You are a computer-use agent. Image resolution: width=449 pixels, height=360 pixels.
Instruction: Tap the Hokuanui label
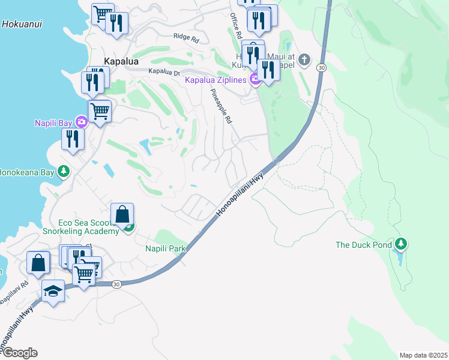(21, 25)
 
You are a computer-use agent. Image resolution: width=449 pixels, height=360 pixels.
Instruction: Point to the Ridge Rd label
(185, 37)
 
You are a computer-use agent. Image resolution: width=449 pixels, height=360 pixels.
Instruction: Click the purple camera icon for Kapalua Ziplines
(255, 79)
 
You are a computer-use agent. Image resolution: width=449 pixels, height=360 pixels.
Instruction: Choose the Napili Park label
(165, 248)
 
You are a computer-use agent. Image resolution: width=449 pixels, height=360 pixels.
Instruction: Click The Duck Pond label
(363, 245)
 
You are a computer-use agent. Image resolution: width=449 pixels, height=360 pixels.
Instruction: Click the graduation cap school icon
(53, 291)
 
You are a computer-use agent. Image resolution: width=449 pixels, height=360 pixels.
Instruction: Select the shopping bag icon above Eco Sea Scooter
(122, 214)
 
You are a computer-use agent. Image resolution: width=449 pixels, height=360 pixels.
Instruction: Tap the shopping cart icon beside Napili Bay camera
(100, 110)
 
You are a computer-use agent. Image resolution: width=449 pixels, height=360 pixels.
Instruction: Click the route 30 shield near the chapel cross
(322, 68)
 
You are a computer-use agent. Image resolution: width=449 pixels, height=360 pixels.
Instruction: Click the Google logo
(20, 353)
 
